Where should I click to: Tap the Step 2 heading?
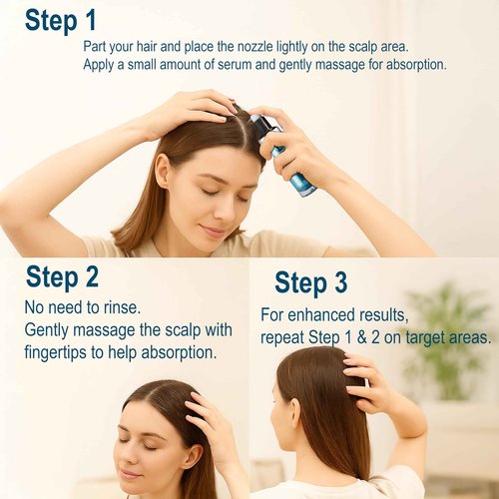(x=62, y=276)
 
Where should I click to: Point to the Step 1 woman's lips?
(x=213, y=232)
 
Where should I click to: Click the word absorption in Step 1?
(x=407, y=65)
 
